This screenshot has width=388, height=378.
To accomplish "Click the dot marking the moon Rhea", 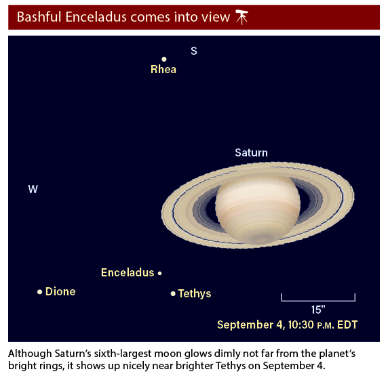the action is (164, 59).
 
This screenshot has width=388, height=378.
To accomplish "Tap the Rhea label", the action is (163, 69).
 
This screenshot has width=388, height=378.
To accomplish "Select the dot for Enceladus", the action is (160, 273).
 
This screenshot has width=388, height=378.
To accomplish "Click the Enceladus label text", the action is (128, 272).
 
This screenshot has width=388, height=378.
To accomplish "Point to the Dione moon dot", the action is (39, 292).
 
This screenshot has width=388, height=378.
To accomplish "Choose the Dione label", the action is (60, 291).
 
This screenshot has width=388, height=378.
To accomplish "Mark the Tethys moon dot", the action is (173, 293).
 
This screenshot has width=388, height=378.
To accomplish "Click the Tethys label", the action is (195, 294).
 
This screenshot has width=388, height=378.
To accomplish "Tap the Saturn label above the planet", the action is (251, 152).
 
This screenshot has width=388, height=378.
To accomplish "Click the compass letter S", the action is (194, 51).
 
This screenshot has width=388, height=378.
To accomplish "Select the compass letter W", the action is (33, 189).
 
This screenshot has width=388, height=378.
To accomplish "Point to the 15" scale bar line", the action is (318, 301).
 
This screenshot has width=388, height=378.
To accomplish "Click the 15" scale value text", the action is (318, 310).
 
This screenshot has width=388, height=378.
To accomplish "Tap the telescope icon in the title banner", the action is (241, 17).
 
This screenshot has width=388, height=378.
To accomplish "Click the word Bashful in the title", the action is (39, 17).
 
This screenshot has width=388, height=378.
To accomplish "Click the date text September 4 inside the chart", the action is (251, 324).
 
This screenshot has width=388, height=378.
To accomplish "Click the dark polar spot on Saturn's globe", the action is (262, 239).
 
